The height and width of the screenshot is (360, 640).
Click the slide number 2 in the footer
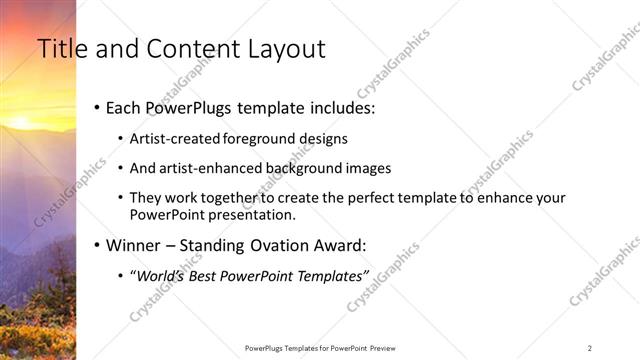(x=590, y=347)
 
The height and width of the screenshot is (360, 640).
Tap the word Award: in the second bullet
(x=341, y=244)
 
